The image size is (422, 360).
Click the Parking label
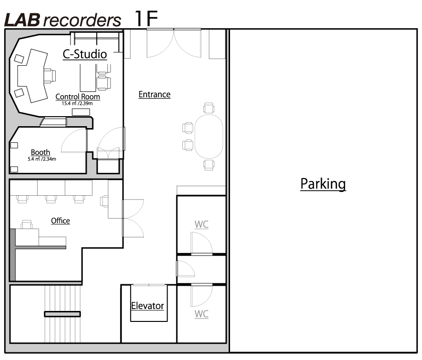pos(323,184)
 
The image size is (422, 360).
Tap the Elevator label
pos(148,306)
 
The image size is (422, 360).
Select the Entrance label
pos(154,94)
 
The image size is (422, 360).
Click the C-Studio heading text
pos(85,54)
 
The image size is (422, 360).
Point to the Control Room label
pos(78,97)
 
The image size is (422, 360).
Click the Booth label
pos(40,152)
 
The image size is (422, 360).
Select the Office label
pos(60,221)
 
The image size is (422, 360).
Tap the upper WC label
pos(201,224)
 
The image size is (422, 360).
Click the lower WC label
pos(201,314)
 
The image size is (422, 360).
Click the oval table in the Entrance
pos(209,136)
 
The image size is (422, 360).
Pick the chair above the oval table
pos(209,108)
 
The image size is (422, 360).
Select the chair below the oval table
pos(209,165)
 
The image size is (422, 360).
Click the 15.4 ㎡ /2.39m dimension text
pos(77,103)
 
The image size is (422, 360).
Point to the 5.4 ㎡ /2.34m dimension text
pos(42,159)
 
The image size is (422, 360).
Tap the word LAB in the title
pos(22,20)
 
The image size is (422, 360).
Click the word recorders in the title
pos(82,21)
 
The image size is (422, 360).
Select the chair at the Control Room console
pos(50,76)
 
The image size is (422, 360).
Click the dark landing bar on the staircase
pos(62,314)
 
